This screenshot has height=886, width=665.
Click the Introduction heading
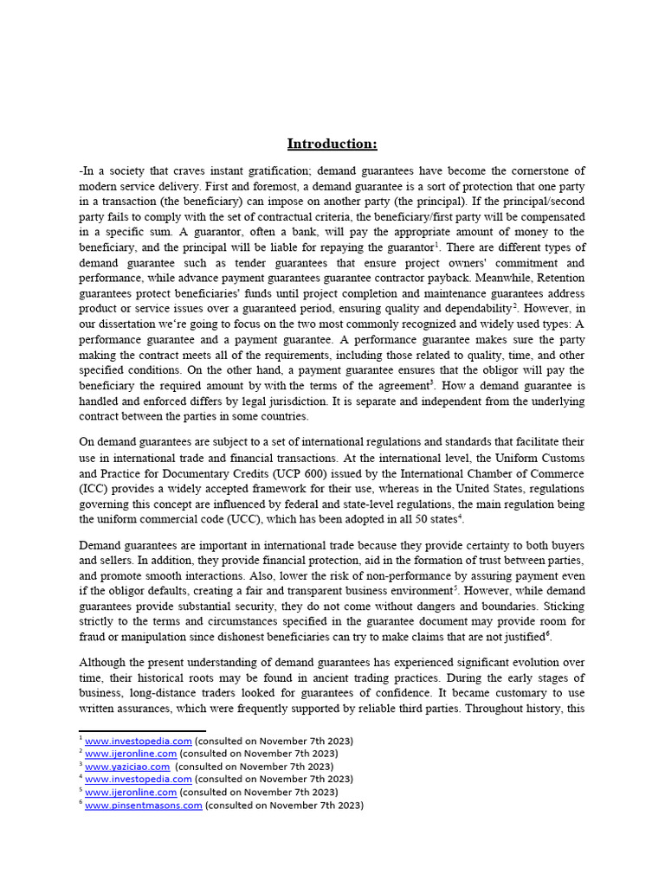(332, 144)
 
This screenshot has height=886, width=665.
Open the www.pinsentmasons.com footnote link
(144, 805)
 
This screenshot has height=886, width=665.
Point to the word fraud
(94, 637)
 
